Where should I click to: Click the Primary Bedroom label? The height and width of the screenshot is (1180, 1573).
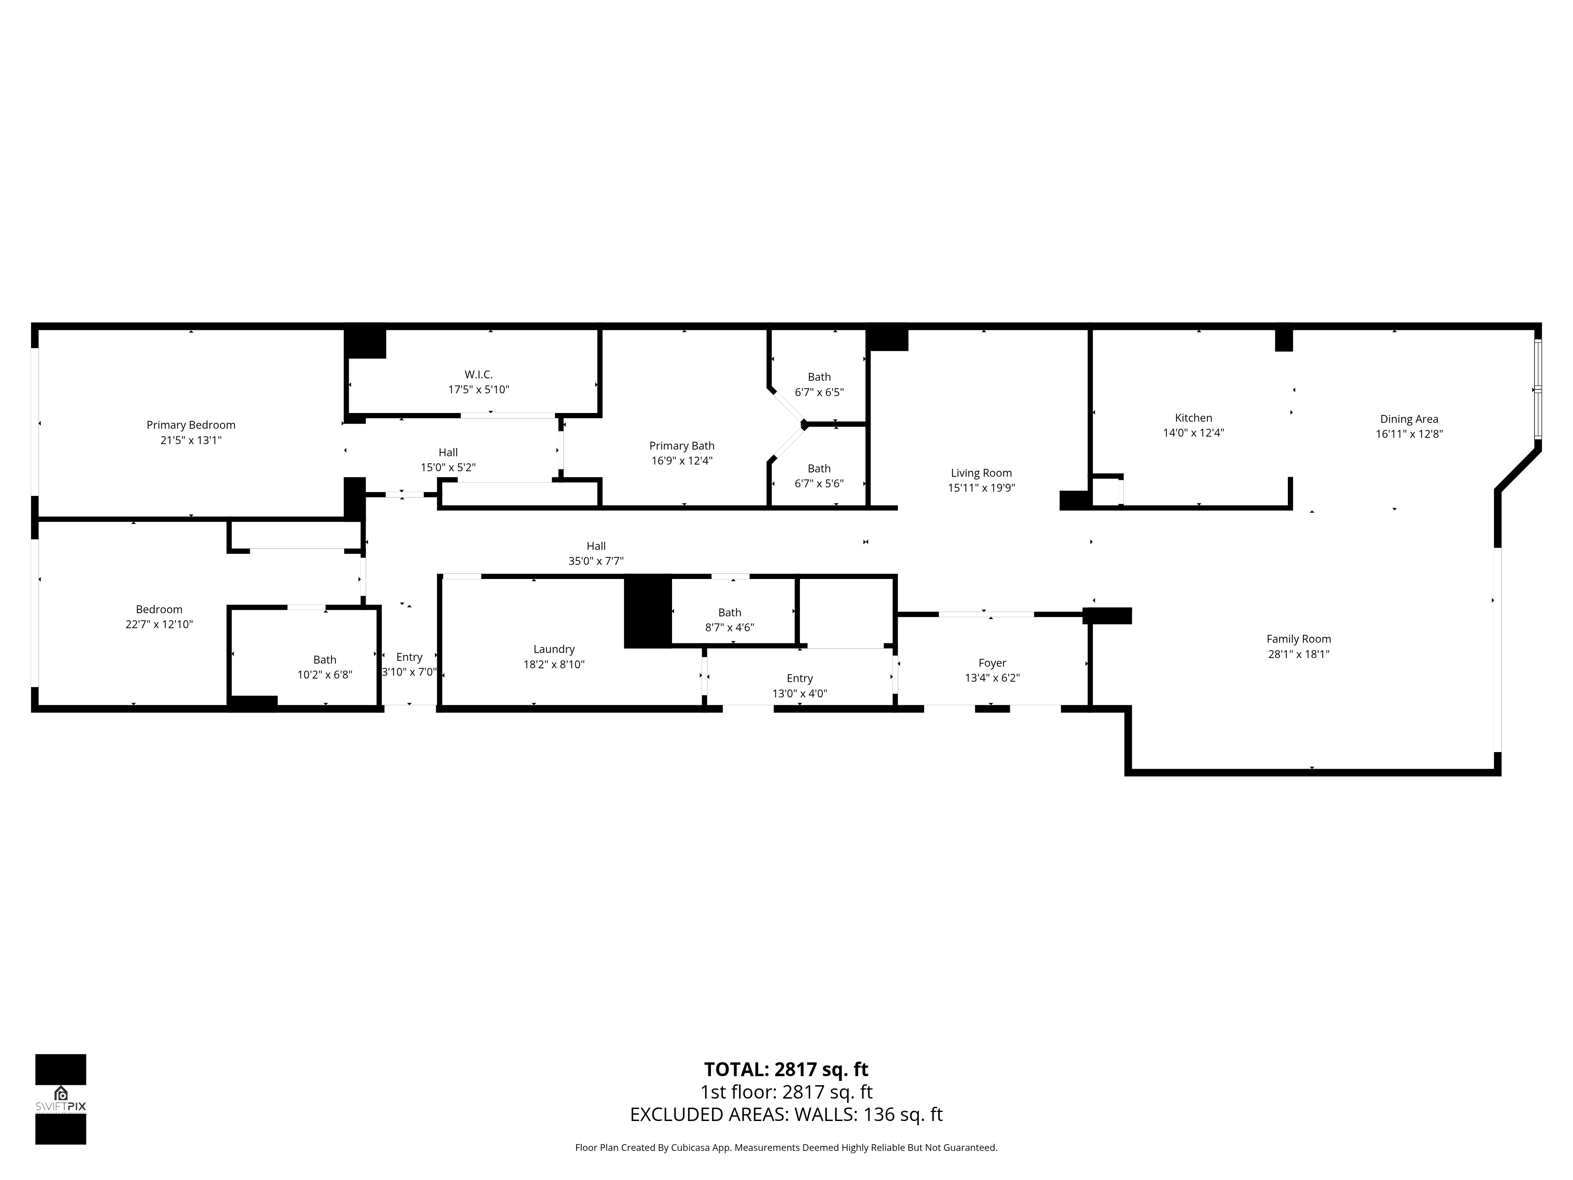(191, 425)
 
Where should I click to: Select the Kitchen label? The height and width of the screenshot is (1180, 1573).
(1193, 417)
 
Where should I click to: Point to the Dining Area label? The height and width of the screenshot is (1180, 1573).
(1409, 419)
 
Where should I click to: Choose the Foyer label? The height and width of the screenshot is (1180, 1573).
(992, 663)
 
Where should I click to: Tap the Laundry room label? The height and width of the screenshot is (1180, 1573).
(554, 649)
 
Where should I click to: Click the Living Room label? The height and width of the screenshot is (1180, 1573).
(981, 473)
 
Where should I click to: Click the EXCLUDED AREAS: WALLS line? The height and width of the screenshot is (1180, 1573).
(786, 1115)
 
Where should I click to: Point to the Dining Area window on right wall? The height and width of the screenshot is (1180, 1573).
(1538, 389)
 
